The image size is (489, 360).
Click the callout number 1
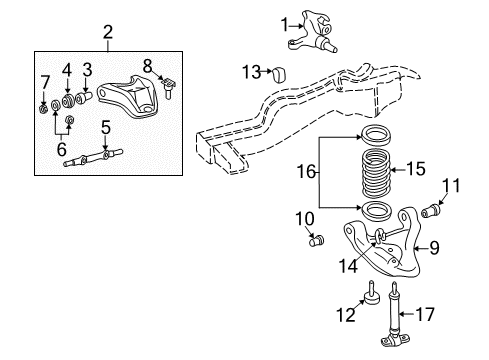pos(285,23)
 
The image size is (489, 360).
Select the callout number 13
pos(251,70)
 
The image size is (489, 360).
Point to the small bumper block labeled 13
pos(279,73)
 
